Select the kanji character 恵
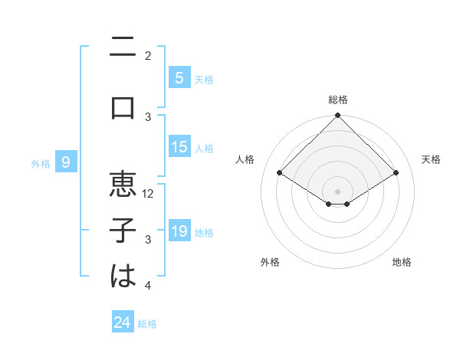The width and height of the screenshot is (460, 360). pos(123,185)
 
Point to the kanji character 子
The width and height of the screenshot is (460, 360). pos(123,231)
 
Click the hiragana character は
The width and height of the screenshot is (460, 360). pos(123,277)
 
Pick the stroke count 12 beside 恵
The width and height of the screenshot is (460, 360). pos(149,194)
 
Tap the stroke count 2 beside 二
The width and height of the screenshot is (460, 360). pos(148,56)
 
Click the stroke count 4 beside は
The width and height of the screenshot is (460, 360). pos(148,286)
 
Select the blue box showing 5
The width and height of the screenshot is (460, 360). pos(179,78)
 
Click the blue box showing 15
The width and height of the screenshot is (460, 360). pos(179,147)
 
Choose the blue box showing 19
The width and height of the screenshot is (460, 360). pos(179,231)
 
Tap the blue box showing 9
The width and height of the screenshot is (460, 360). pos(66,162)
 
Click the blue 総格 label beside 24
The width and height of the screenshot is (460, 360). pos(147,323)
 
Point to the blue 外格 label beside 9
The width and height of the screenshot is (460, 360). pos(40,163)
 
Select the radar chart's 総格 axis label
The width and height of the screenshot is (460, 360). pos(337,100)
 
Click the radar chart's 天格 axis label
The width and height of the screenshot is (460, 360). pos(431,159)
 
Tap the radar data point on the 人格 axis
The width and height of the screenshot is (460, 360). pos(280,173)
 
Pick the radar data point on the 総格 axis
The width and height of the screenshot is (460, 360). pos(337,116)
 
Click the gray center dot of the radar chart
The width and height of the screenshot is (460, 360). pos(337,190)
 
